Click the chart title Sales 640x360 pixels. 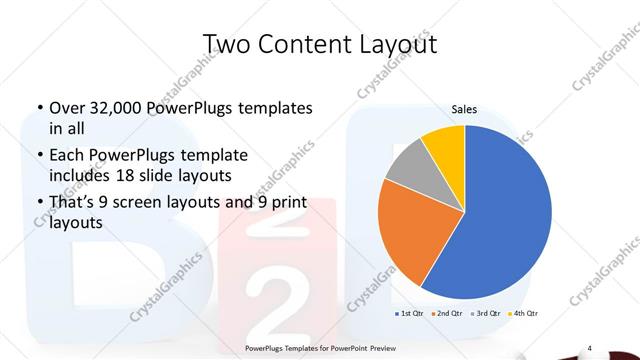coord(464,108)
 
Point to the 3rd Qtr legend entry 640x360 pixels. coord(488,315)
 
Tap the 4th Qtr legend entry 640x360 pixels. coord(526,315)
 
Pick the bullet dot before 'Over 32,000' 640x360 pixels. coord(38,108)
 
